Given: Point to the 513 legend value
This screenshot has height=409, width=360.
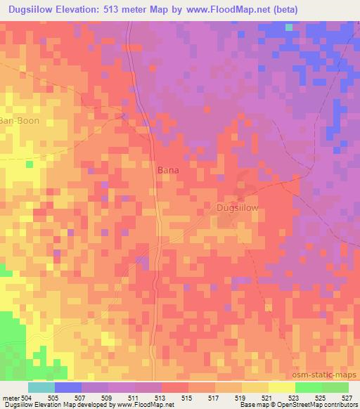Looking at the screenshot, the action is point(161,397).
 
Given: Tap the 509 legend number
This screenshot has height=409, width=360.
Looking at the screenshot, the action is point(108,397).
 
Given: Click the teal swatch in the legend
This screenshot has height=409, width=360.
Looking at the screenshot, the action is point(41,387).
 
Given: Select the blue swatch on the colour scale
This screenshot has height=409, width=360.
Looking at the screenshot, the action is point(68,387).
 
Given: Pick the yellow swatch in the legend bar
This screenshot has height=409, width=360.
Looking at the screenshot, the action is point(281,387).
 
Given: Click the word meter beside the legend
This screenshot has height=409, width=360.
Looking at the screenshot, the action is point(11,397).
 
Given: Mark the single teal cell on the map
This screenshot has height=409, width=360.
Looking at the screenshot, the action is point(289,27).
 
